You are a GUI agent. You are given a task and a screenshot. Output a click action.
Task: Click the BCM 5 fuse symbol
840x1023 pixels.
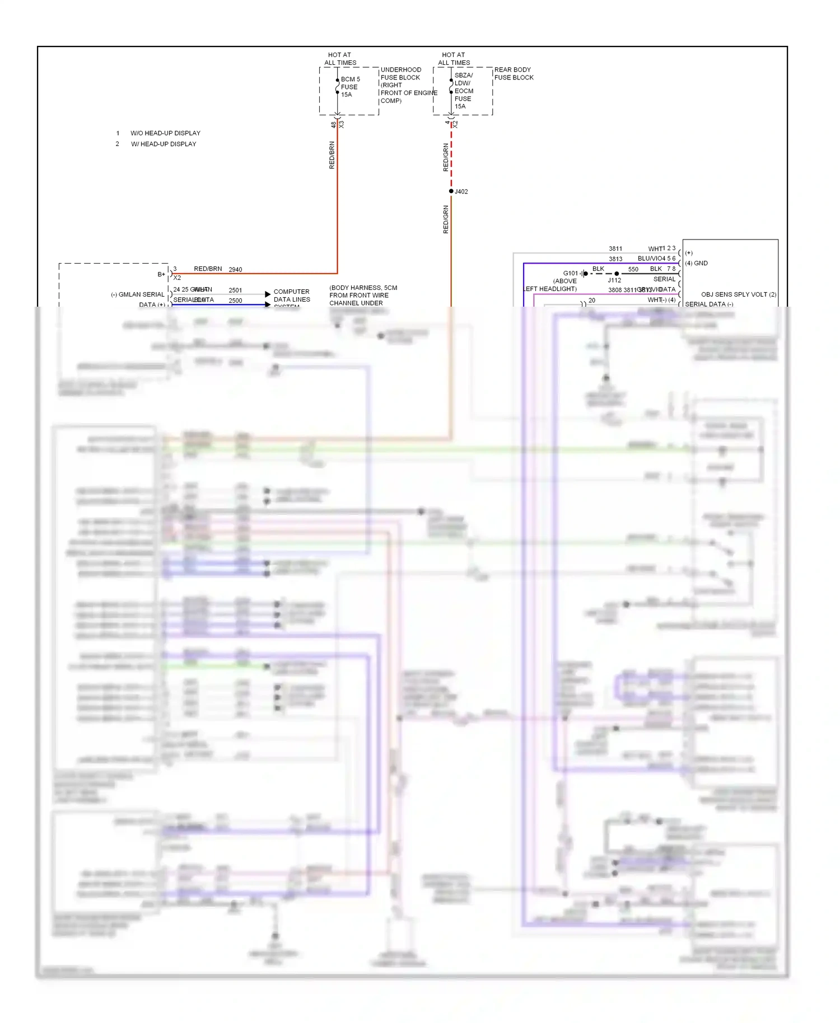click(337, 87)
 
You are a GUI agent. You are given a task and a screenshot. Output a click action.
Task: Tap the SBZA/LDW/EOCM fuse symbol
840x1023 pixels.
click(451, 87)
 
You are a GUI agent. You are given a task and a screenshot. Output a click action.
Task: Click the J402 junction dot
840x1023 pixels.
click(451, 191)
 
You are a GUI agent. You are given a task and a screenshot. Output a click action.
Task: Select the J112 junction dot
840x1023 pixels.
click(617, 274)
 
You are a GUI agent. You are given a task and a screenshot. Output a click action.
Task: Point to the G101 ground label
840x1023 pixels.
click(571, 273)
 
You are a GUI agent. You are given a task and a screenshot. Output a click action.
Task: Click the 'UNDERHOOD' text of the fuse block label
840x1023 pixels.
click(401, 70)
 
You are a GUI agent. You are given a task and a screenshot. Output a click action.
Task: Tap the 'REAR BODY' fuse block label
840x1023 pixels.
click(512, 70)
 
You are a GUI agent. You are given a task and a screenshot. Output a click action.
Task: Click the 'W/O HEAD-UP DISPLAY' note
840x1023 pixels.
click(165, 133)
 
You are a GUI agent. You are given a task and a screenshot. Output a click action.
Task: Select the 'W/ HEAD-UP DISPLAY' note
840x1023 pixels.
click(164, 144)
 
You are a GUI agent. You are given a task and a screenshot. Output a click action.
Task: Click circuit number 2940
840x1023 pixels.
click(235, 270)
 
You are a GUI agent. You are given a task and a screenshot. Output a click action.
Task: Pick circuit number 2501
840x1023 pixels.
click(235, 290)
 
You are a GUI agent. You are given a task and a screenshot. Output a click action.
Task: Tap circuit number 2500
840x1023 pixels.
click(235, 301)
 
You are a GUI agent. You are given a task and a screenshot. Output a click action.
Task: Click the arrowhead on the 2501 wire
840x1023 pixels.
click(268, 294)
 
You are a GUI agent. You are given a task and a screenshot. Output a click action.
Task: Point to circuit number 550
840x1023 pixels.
click(633, 269)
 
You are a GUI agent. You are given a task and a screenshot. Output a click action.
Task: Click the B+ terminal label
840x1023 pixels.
click(161, 274)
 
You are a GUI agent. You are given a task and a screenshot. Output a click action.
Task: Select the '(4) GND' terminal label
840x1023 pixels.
click(697, 263)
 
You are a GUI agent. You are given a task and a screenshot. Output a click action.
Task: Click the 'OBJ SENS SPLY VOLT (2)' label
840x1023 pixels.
click(739, 294)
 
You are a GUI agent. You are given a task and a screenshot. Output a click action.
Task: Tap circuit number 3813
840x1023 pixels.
click(615, 259)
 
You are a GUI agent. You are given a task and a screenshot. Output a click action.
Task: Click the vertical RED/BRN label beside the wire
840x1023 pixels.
click(332, 155)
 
